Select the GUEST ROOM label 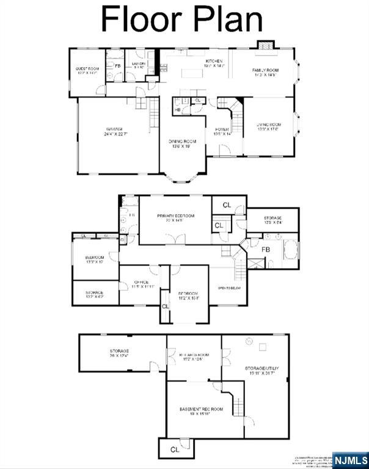click(x=87, y=69)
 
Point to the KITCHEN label click(x=214, y=61)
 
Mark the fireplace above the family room click(x=265, y=46)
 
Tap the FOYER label click(x=221, y=129)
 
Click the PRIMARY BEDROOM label click(x=175, y=216)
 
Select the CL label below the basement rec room click(x=175, y=449)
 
